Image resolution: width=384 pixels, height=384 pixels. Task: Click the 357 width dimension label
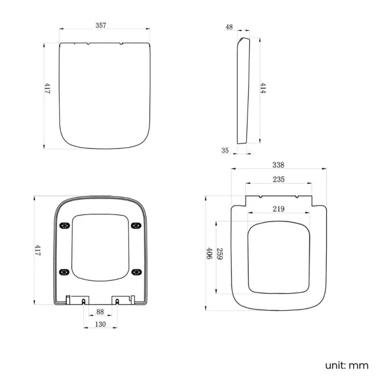(x=100, y=25)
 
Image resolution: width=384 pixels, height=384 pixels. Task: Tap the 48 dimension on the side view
(x=229, y=27)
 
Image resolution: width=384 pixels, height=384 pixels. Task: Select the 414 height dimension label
(x=263, y=88)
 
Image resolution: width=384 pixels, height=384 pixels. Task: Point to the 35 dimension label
(x=225, y=151)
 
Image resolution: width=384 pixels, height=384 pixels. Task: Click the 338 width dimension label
(x=278, y=165)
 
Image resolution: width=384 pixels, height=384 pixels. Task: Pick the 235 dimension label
(x=279, y=180)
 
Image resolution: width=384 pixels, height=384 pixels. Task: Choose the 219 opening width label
(x=279, y=209)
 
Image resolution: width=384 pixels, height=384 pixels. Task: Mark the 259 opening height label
(x=220, y=254)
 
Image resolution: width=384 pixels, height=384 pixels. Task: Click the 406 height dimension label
(x=209, y=253)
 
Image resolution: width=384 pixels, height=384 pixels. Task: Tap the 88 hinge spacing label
(x=100, y=312)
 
